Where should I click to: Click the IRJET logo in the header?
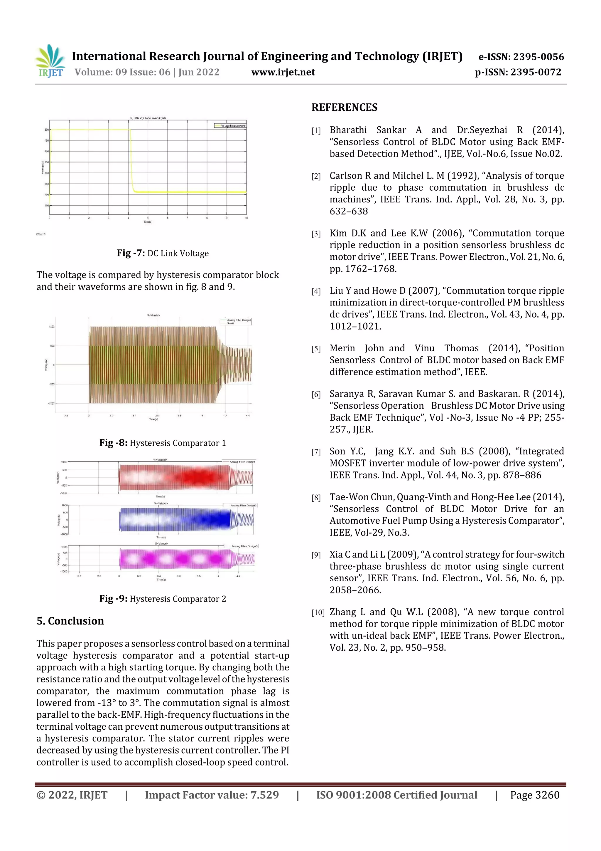click(51, 61)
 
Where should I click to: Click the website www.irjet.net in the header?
click(283, 72)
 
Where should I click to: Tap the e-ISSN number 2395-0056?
click(538, 57)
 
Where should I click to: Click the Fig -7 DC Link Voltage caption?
click(163, 253)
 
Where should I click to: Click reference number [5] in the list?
click(316, 349)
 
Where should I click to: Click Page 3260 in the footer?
click(534, 795)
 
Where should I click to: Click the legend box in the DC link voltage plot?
click(230, 126)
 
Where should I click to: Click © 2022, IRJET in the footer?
click(72, 795)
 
